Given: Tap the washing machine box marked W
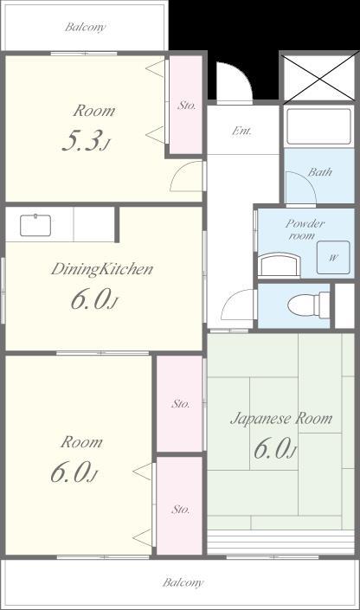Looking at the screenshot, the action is (333, 257).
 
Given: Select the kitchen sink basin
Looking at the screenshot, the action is (35, 225).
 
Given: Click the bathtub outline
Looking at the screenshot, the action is (319, 126).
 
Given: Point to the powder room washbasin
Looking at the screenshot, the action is (280, 265).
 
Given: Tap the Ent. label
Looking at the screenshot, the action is (241, 131).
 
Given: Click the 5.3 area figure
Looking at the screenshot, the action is (86, 141).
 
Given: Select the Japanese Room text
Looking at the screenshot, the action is (281, 419).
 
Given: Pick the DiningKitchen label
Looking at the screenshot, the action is (102, 269).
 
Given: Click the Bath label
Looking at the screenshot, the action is (320, 171).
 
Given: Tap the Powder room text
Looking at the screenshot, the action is (305, 229).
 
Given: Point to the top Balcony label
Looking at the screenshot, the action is (85, 27).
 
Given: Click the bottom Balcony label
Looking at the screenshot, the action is (183, 582).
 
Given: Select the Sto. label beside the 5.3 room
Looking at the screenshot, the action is (187, 105).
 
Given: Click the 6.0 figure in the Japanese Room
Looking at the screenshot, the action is (275, 448).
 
